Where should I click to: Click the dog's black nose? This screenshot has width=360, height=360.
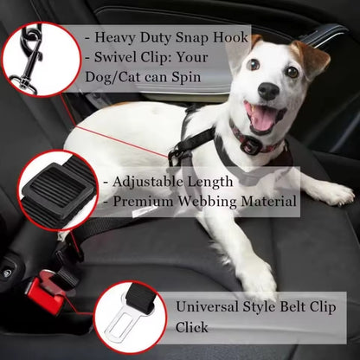coord(268,90)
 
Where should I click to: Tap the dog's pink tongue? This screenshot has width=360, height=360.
coord(259,117)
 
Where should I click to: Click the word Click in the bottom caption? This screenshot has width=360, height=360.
coord(192,328)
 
